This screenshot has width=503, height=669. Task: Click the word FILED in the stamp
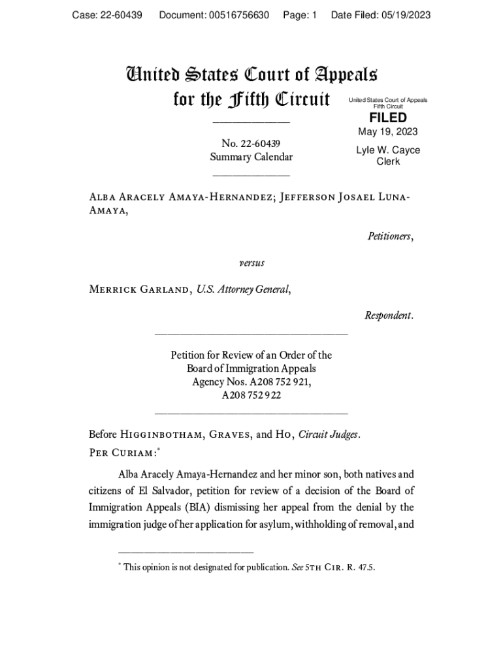pyautogui.click(x=388, y=118)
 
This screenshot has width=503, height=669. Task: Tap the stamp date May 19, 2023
pyautogui.click(x=387, y=132)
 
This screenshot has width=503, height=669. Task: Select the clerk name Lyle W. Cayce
pyautogui.click(x=388, y=150)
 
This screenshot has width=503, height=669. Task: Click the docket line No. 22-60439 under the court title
pyautogui.click(x=251, y=143)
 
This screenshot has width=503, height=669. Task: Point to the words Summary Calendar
pyautogui.click(x=251, y=157)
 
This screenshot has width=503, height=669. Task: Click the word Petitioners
pyautogui.click(x=390, y=236)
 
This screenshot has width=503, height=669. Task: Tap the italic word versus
pyautogui.click(x=252, y=263)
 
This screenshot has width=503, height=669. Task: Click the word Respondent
pyautogui.click(x=389, y=316)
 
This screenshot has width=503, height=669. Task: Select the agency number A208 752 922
pyautogui.click(x=252, y=395)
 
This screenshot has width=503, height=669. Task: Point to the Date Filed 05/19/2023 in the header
pyautogui.click(x=381, y=15)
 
